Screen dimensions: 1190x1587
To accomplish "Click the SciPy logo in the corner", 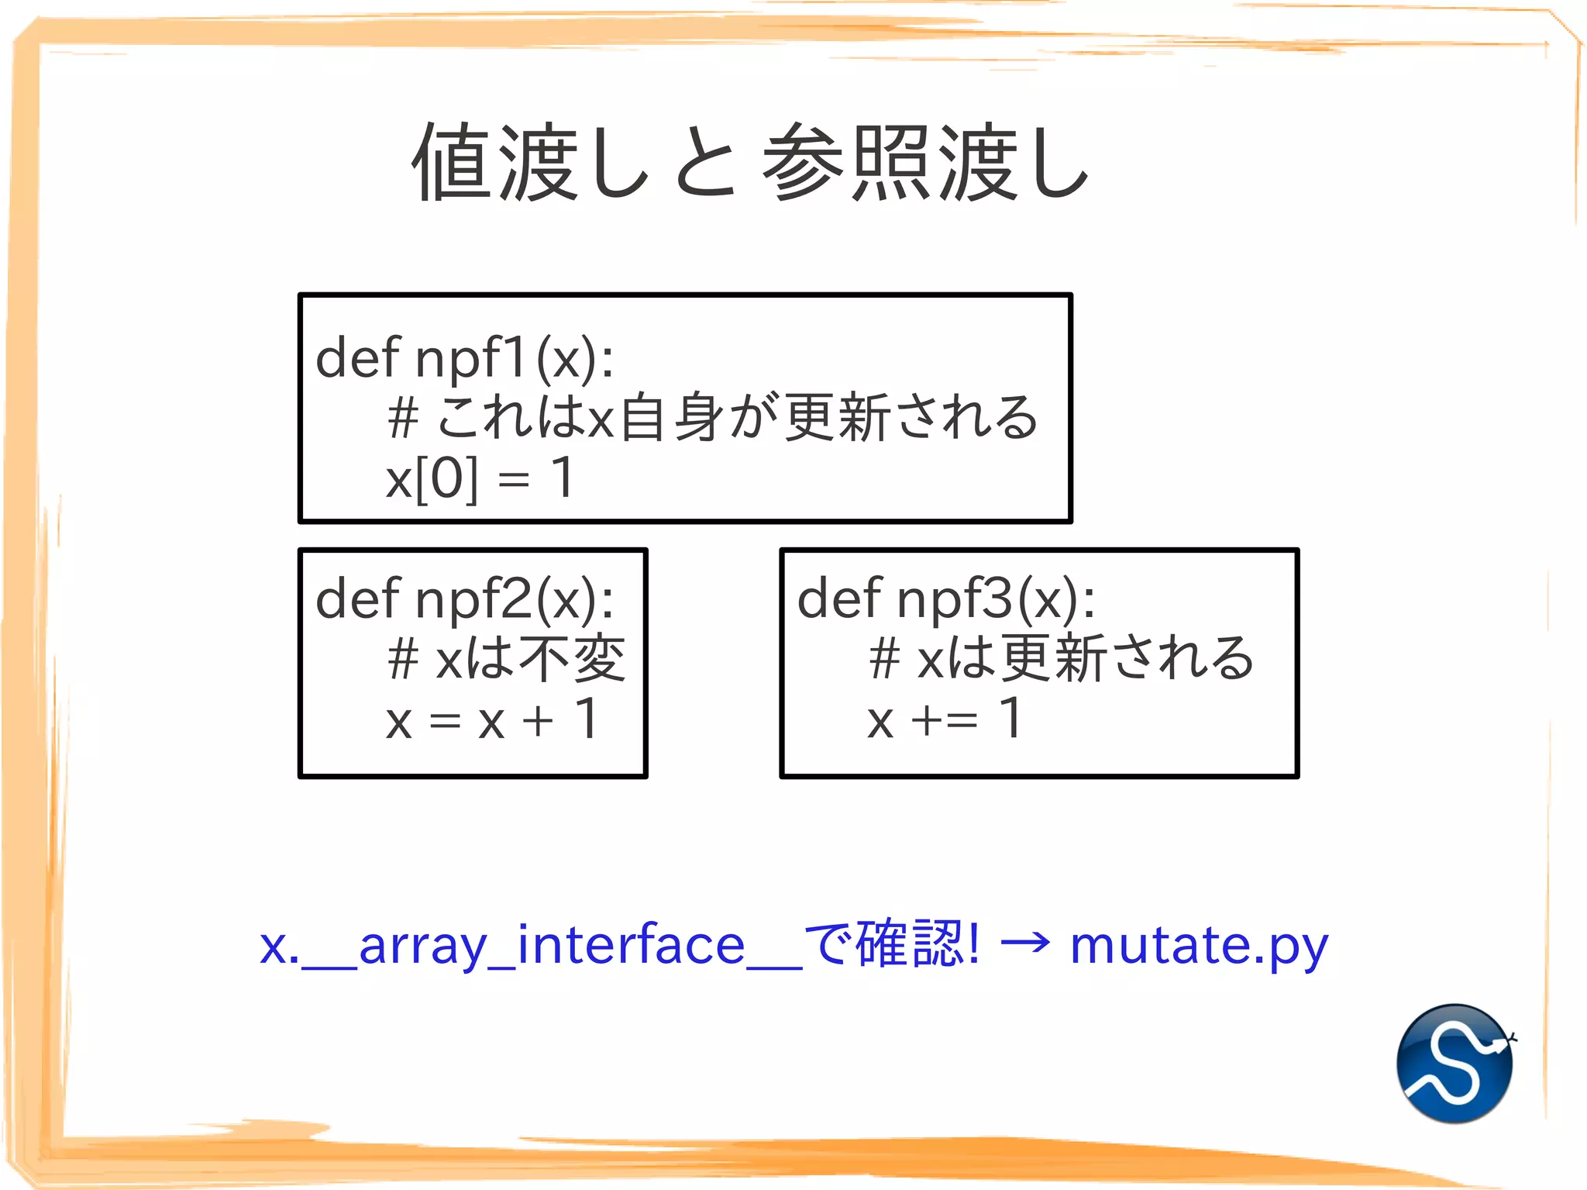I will pyautogui.click(x=1454, y=1063).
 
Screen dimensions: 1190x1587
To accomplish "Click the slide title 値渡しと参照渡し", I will pyautogui.click(x=750, y=162).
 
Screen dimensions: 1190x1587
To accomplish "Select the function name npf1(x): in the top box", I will pyautogui.click(x=515, y=359).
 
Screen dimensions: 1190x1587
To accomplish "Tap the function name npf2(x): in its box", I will pyautogui.click(x=515, y=599).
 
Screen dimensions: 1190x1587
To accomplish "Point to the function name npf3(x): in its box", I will pyautogui.click(x=996, y=599).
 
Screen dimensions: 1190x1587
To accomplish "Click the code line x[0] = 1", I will pyautogui.click(x=480, y=478).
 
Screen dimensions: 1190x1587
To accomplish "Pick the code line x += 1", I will pyautogui.click(x=945, y=720).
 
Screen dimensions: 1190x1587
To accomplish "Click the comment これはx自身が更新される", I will pyautogui.click(x=736, y=418).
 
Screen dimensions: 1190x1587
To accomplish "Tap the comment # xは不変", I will pyautogui.click(x=506, y=659).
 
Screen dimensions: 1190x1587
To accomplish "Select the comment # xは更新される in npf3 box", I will pyautogui.click(x=1060, y=659).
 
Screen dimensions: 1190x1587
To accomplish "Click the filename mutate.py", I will pyautogui.click(x=1199, y=945).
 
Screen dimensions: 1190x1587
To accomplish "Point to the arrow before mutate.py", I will pyautogui.click(x=1024, y=943).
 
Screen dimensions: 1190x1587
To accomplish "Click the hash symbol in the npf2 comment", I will pyautogui.click(x=403, y=660).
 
